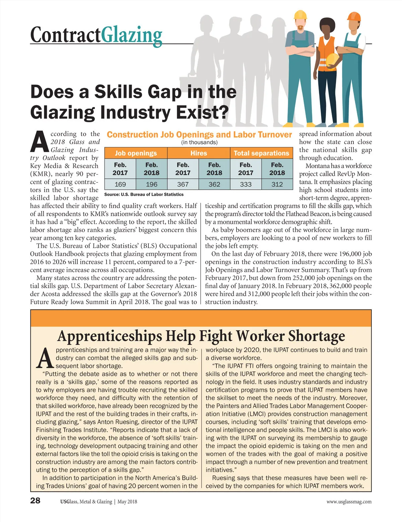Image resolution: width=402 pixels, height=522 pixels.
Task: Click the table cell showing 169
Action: click(120, 184)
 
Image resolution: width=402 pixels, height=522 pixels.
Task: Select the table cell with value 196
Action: click(151, 184)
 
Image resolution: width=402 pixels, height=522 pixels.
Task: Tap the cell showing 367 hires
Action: click(183, 184)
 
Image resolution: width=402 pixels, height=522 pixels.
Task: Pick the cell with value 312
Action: click(277, 184)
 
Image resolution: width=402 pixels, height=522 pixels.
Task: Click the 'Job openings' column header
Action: click(136, 153)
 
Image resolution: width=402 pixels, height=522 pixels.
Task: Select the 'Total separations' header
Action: click(261, 153)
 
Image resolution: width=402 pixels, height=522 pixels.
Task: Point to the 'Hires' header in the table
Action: click(199, 153)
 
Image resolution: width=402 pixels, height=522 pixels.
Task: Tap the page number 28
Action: click(35, 501)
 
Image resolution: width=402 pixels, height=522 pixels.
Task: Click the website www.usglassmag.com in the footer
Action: click(349, 502)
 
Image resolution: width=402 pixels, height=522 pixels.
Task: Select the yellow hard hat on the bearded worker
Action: click(300, 15)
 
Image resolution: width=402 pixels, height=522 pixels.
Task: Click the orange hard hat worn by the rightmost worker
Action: click(354, 16)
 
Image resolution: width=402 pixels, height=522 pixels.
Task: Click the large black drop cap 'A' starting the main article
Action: click(40, 142)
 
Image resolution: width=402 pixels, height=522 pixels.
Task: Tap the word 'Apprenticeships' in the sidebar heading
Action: click(109, 336)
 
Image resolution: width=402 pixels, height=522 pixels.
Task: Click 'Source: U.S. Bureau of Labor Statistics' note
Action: click(144, 194)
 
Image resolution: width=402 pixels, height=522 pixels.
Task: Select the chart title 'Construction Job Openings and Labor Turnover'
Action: click(199, 135)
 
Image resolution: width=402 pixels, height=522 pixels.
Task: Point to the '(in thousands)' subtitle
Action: click(199, 142)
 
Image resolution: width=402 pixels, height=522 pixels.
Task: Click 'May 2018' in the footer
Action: click(127, 502)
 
